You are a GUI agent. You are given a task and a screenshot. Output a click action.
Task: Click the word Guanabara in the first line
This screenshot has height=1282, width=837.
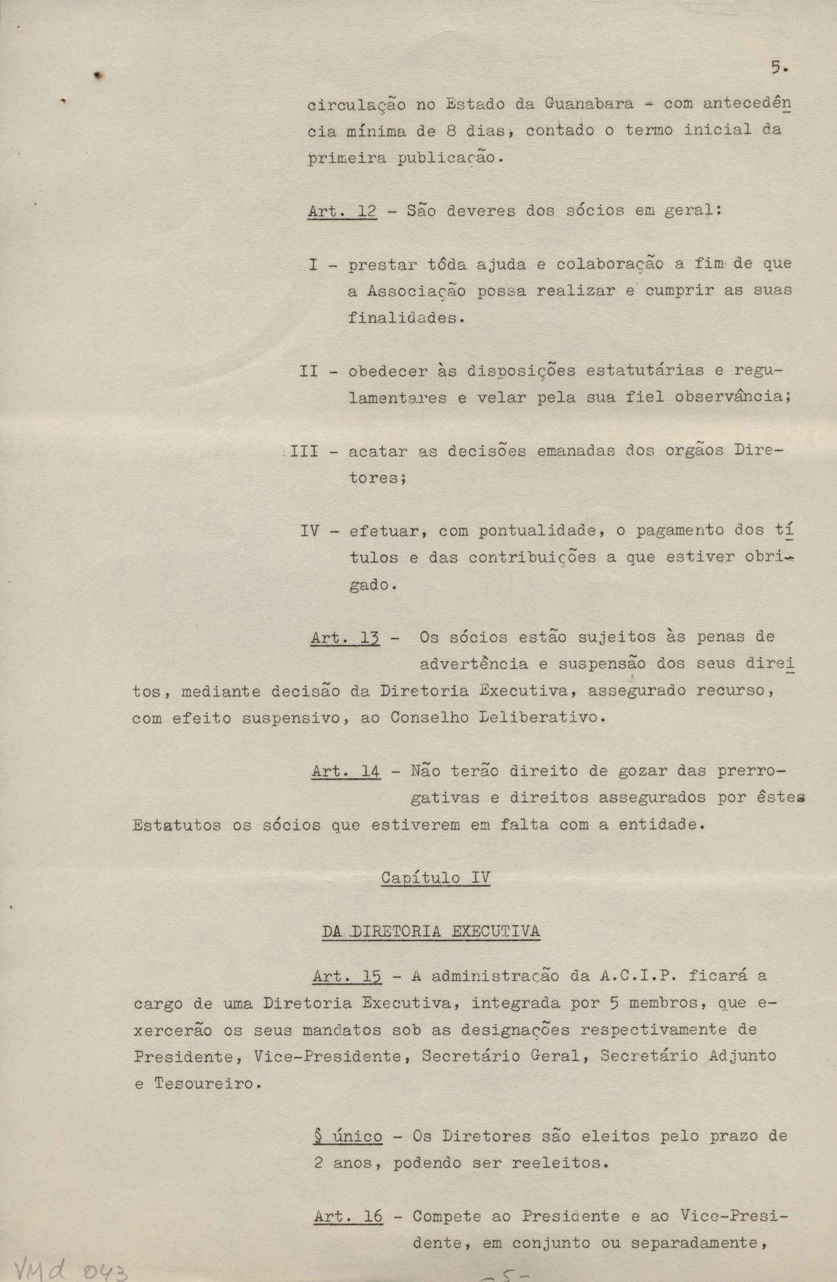589,103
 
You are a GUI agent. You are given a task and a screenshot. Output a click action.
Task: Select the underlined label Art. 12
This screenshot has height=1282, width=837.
342,211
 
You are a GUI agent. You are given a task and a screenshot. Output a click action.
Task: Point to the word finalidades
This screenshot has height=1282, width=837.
401,317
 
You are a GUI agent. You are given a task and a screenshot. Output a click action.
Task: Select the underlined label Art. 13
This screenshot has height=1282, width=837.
345,637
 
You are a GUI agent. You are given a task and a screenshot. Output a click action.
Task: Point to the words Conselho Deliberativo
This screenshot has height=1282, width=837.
494,718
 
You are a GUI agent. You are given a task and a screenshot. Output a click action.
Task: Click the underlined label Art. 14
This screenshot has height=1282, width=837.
346,771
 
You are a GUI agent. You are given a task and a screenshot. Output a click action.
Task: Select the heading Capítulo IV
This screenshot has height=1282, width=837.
436,878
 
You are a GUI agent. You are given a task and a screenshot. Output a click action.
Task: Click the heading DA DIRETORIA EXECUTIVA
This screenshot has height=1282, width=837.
431,931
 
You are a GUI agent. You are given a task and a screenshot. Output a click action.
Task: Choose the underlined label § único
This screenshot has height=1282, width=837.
348,1136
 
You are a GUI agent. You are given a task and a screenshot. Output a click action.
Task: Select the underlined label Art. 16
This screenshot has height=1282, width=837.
348,1216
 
